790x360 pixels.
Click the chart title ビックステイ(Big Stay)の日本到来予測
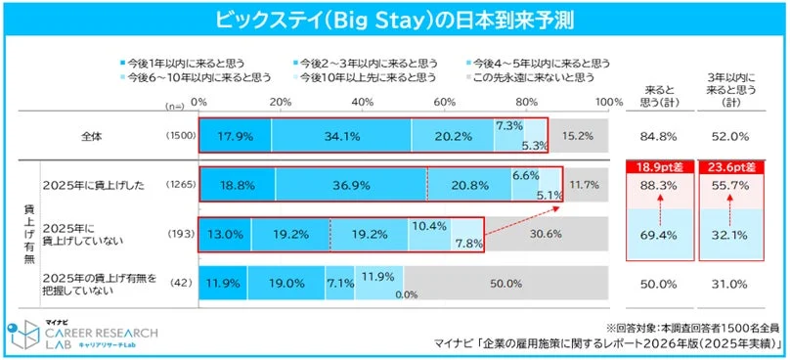click(x=395, y=17)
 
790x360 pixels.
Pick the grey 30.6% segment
click(x=553, y=236)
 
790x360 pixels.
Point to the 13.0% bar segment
click(x=225, y=236)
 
